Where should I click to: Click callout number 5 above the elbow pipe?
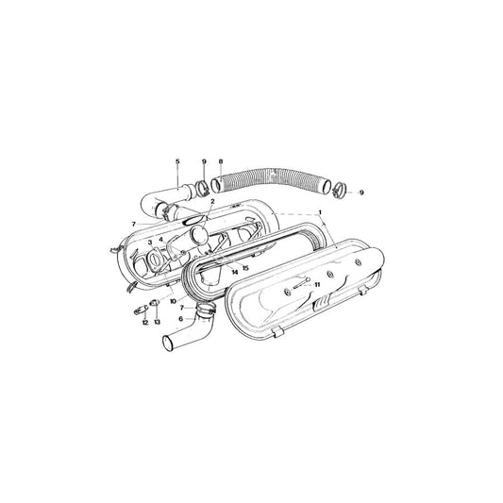click(x=176, y=162)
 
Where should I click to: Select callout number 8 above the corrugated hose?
click(x=220, y=162)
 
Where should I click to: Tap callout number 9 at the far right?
click(x=361, y=193)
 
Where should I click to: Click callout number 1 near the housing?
click(x=320, y=212)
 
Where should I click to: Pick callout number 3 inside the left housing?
click(x=149, y=243)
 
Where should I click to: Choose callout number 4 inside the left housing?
click(x=161, y=240)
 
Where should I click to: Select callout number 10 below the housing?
click(x=173, y=299)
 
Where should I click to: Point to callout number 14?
click(x=234, y=271)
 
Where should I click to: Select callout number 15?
click(x=245, y=268)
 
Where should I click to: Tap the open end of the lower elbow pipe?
click(x=166, y=342)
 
